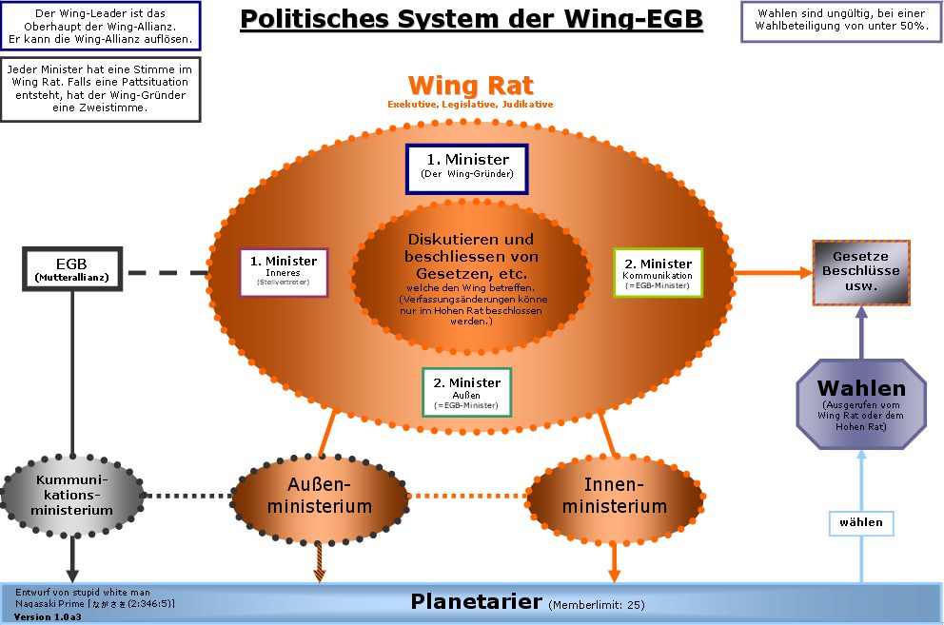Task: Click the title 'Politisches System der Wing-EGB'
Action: tap(471, 20)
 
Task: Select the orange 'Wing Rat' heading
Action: tap(470, 87)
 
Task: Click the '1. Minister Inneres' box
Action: tap(284, 272)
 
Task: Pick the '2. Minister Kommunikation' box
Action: tap(658, 273)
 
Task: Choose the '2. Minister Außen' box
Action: tap(466, 392)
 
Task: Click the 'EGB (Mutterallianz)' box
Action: tap(72, 269)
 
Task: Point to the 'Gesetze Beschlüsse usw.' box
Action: tap(860, 272)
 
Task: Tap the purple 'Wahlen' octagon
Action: tap(860, 403)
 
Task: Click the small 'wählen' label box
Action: tap(860, 522)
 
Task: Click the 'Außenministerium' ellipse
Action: tap(319, 496)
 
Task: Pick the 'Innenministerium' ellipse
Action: tap(614, 496)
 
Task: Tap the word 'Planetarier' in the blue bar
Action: tap(476, 601)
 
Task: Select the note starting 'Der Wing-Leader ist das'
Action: tap(100, 27)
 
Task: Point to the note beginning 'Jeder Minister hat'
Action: tap(100, 89)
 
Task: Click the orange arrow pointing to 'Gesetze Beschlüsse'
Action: tap(772, 272)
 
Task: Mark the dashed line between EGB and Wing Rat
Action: tap(167, 273)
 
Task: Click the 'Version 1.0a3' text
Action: tap(48, 616)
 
